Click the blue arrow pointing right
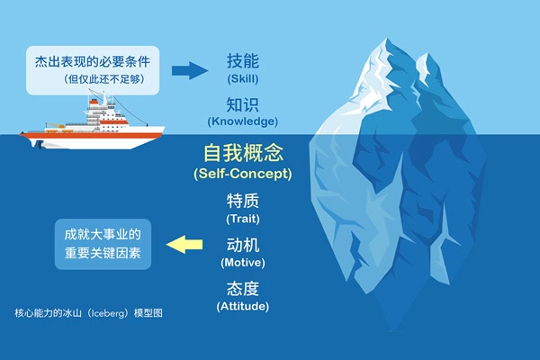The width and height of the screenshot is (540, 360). coord(190,70)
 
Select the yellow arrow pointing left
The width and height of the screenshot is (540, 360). coord(184,245)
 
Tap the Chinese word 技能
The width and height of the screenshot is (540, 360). coord(243,61)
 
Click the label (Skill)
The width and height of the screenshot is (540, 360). coord(243,79)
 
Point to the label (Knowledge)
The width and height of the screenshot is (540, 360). coord(243,121)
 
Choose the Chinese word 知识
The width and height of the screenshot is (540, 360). coord(243,104)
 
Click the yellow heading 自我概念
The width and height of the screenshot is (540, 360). coord(244,153)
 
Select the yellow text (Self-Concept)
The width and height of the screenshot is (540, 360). coord(243,174)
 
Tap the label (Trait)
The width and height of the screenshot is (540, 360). coord(243,219)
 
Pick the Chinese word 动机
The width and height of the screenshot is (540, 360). coord(243,245)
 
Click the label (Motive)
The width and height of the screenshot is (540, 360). coord(243,263)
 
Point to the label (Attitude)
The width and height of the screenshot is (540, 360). coord(243,306)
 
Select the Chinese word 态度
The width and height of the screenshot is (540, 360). coord(243,289)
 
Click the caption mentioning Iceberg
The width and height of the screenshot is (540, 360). coord(88,313)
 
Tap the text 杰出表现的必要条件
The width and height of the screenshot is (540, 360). coord(93,62)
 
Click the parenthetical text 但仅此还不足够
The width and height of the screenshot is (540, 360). coord(103,79)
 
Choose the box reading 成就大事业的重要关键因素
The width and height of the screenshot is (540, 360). coord(103,244)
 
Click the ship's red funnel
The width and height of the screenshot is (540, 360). coord(94,102)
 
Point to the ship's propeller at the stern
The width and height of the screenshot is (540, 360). coord(40,145)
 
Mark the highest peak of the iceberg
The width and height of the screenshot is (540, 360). coord(387,38)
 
